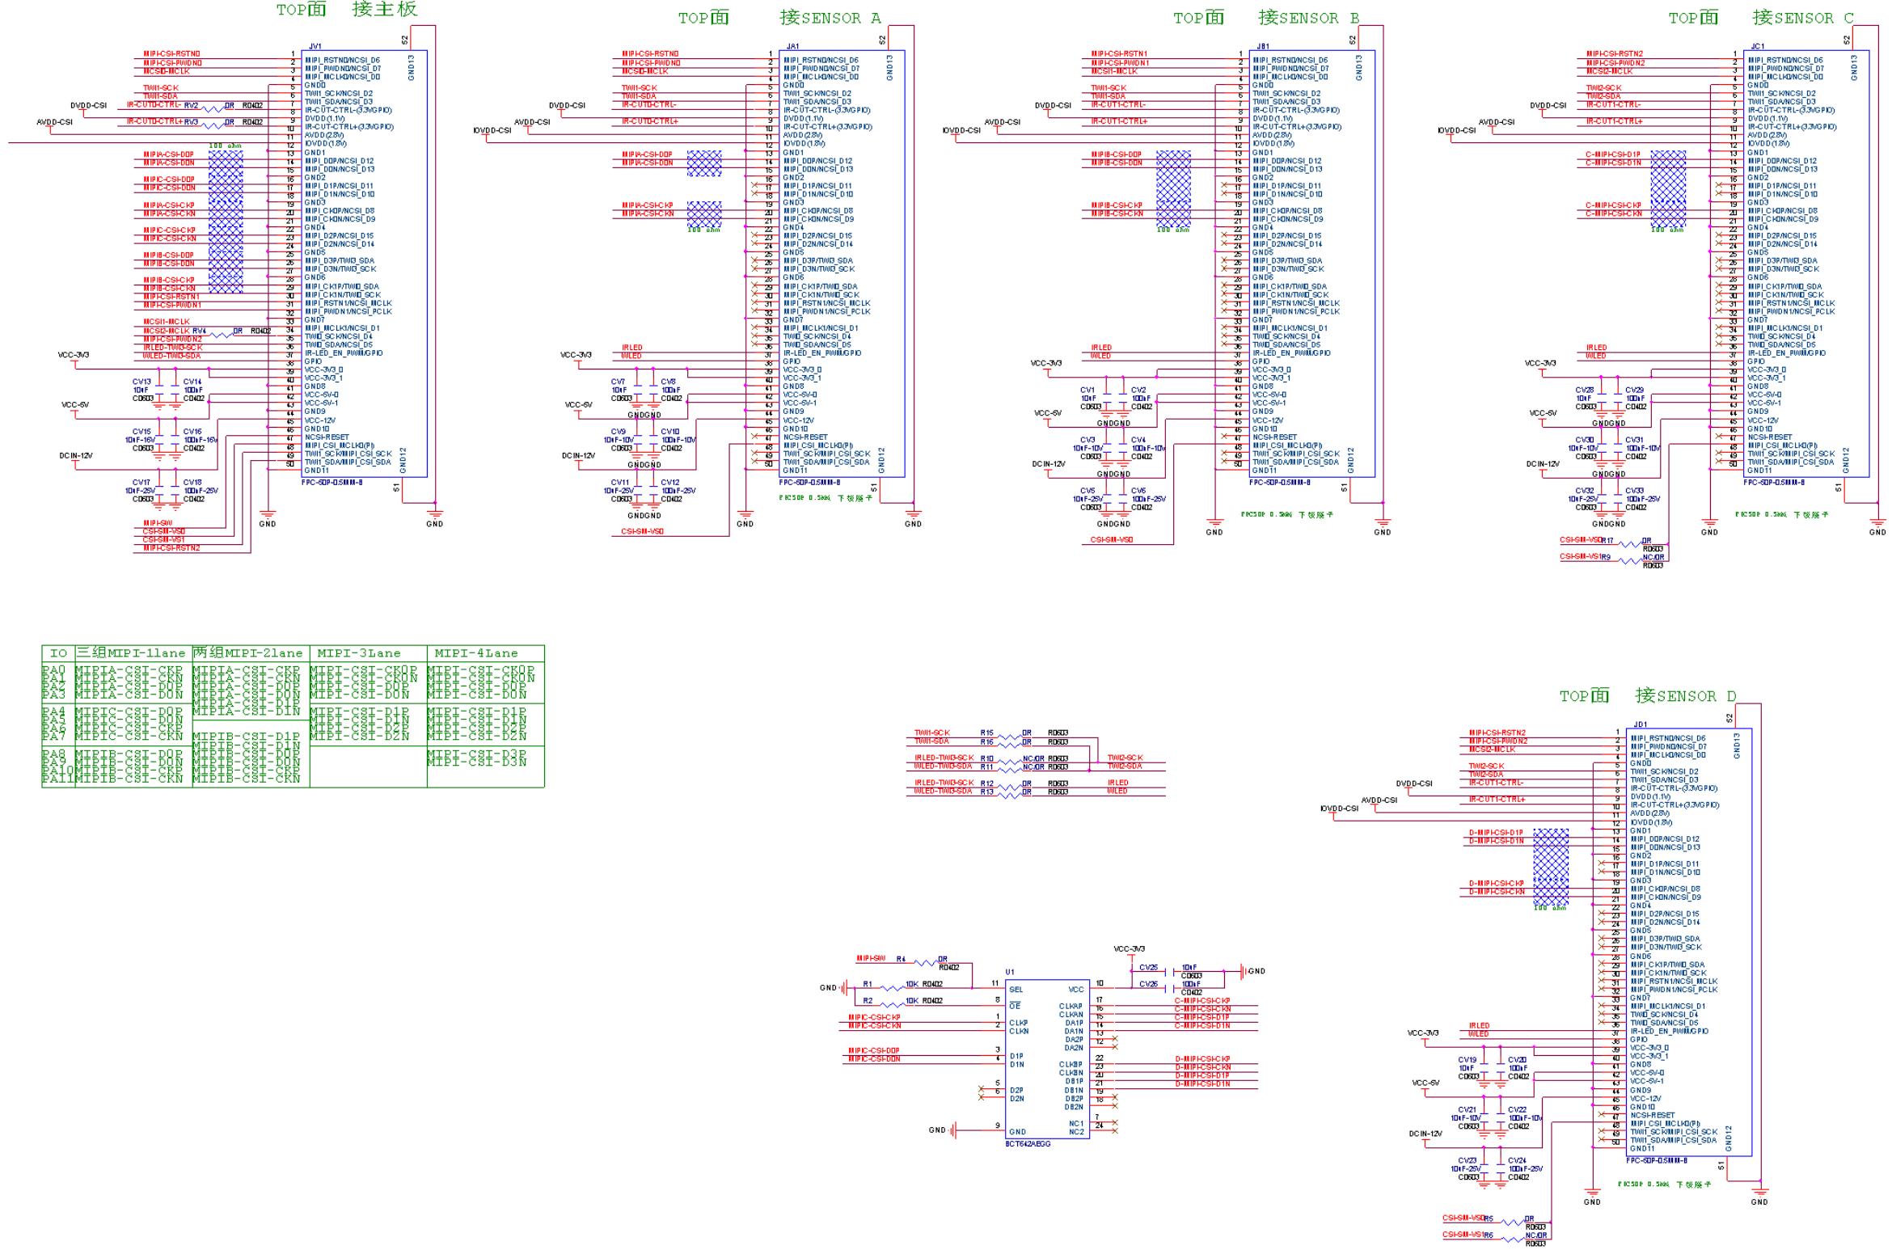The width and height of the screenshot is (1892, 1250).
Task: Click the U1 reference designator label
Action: coord(1009,972)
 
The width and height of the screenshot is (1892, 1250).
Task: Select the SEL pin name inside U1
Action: coord(1016,990)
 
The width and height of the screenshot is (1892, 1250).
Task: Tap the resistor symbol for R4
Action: coord(923,962)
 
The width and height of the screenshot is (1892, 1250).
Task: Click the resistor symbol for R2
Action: coord(892,1003)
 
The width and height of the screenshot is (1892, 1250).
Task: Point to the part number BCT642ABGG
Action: coord(1028,1144)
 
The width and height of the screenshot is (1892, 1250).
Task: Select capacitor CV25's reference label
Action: coord(1148,968)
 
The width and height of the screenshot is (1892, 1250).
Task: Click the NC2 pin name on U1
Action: coord(1076,1132)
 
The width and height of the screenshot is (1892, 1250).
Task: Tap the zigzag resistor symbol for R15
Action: coord(1009,736)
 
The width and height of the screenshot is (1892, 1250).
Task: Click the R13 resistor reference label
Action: coord(986,792)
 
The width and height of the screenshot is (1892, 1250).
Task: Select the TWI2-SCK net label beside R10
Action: coord(1125,758)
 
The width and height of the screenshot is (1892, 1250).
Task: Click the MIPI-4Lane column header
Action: coord(475,653)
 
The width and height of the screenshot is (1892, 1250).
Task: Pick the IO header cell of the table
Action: coord(58,653)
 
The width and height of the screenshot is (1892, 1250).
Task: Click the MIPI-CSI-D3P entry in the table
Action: coord(476,753)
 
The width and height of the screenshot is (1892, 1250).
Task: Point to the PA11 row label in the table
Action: coord(57,779)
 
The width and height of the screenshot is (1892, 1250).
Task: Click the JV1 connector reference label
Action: coord(315,46)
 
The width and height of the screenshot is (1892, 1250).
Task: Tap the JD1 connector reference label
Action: coord(1640,724)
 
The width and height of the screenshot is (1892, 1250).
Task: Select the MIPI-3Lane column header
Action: coord(358,653)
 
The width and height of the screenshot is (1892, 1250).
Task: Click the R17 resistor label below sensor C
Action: coord(1608,541)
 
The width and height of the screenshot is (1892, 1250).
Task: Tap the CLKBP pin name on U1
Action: coord(1071,1065)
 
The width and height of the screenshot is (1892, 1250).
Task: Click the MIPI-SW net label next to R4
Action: coord(870,959)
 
